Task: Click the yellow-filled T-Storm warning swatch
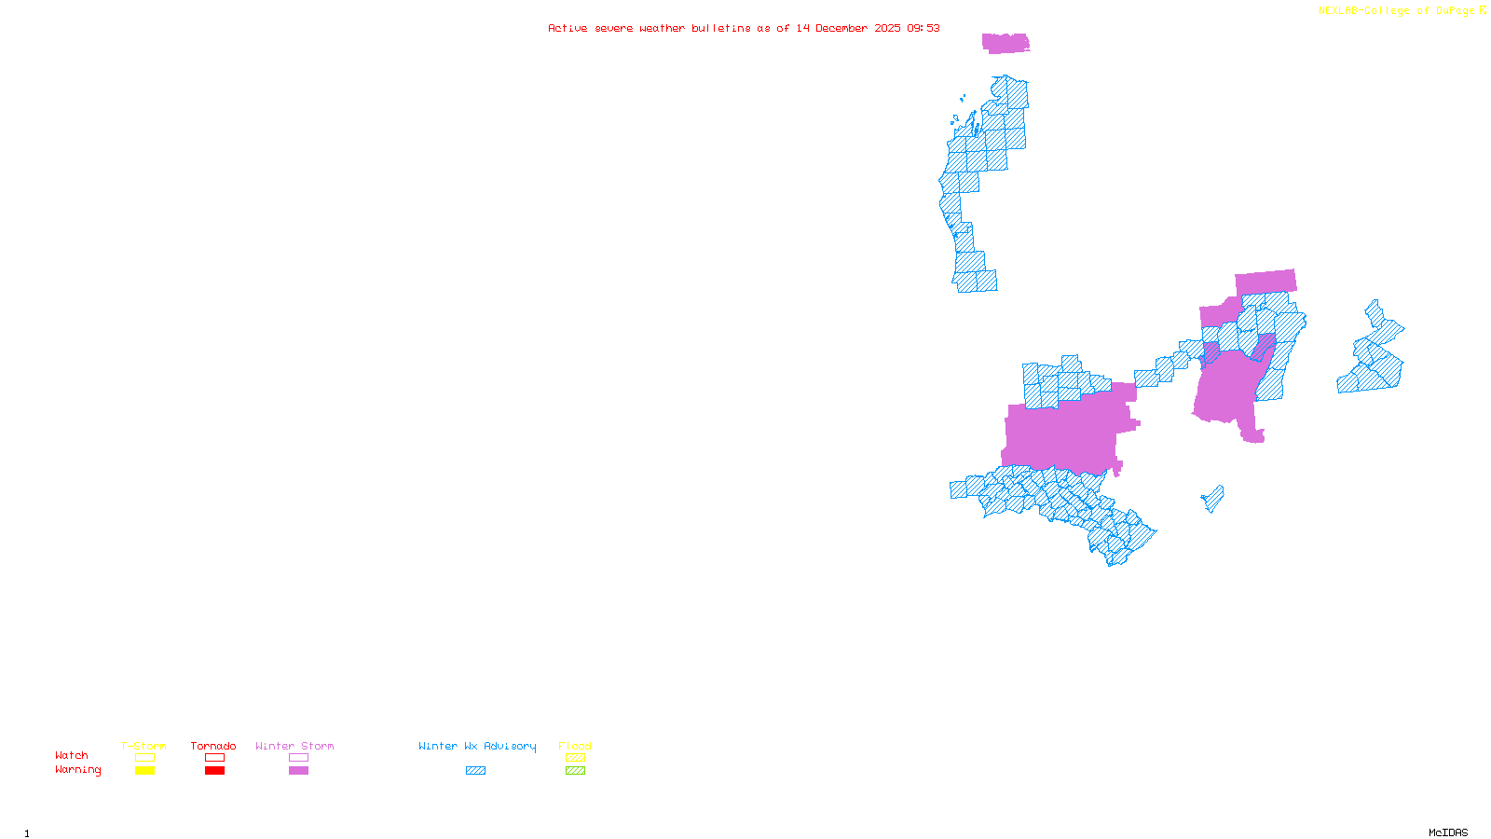pos(144,771)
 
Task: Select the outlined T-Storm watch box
pos(144,758)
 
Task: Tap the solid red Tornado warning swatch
pos(214,771)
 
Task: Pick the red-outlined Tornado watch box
pos(214,758)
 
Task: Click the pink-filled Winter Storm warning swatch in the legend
pos(298,771)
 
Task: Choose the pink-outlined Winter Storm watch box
pos(298,758)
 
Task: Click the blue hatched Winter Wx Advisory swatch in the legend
pos(475,771)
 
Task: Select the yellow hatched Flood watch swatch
pos(575,758)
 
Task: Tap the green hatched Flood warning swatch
pos(575,771)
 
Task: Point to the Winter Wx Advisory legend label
pos(477,746)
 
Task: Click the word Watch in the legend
pos(72,756)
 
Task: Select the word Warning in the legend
pos(77,770)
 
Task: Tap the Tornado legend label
pos(213,746)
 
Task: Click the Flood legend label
pos(575,746)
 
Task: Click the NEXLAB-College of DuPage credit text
pos(1397,11)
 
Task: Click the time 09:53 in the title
pos(923,28)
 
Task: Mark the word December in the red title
pos(841,28)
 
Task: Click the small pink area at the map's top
pos(1005,43)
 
